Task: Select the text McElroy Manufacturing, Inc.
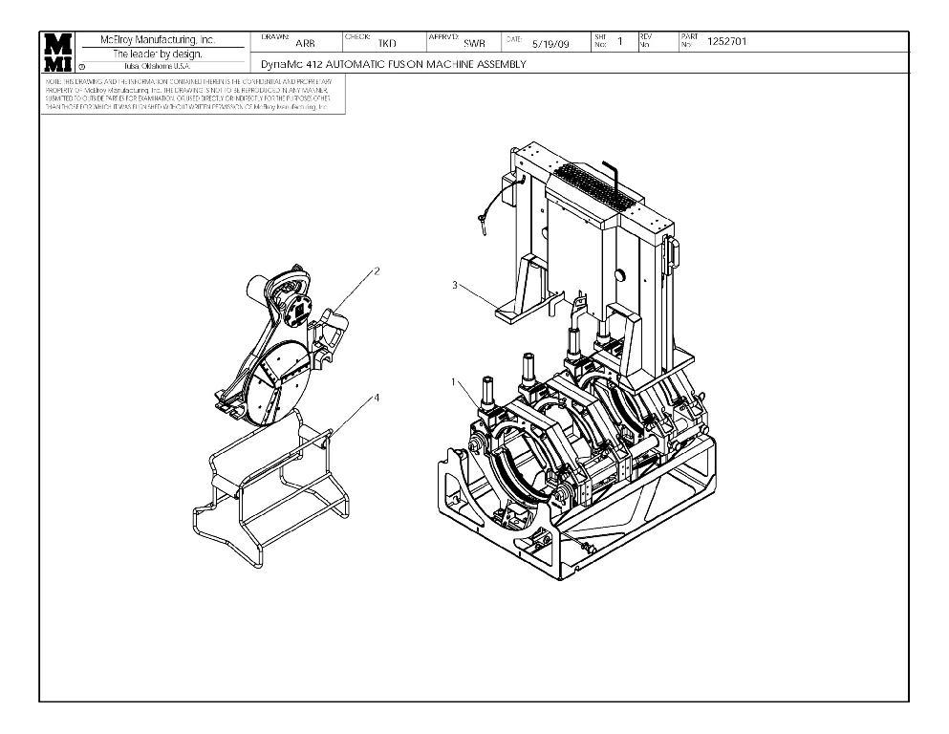pos(159,40)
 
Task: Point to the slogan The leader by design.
pos(159,54)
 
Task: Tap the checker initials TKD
pos(387,43)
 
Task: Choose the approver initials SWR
pos(474,43)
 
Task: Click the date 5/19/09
pos(550,43)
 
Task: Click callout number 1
pos(454,381)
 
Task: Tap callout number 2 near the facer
pos(376,270)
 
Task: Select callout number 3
pos(455,284)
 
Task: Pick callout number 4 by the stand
pos(375,397)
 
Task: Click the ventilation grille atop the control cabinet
pos(595,187)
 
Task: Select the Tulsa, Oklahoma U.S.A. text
pos(159,66)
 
